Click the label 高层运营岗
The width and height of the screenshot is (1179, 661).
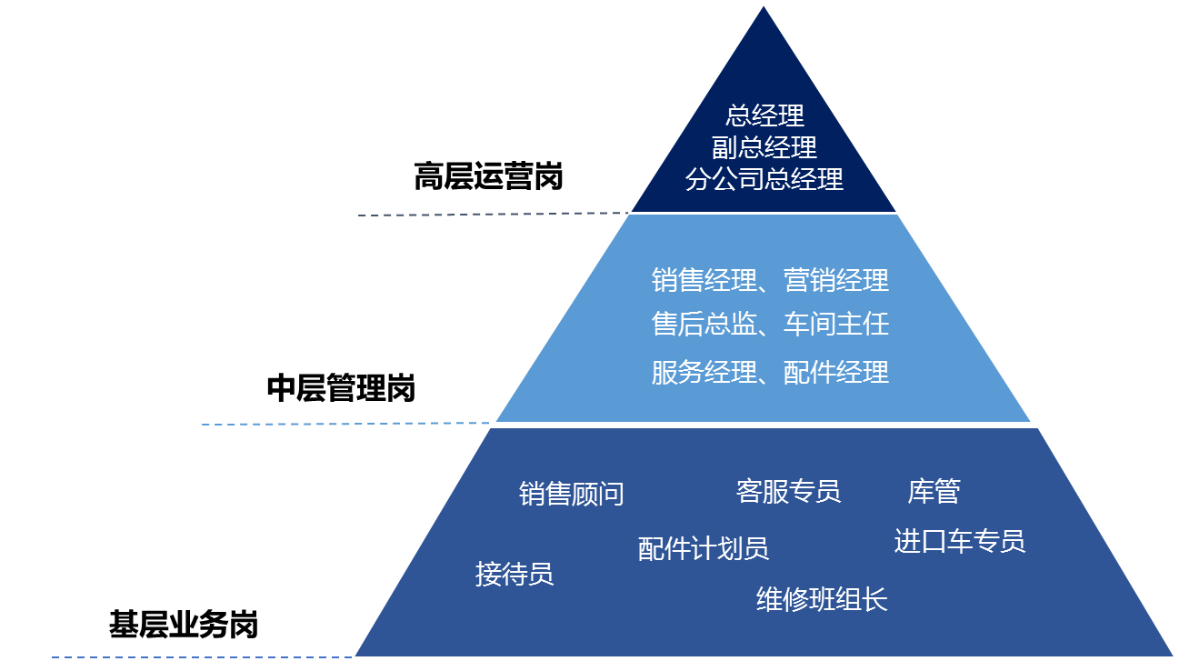pos(488,177)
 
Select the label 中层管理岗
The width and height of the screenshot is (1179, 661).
pos(341,389)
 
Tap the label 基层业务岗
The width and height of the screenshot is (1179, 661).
pos(184,626)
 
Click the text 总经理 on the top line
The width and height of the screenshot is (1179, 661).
pos(765,115)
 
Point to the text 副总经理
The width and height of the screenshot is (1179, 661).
pos(765,146)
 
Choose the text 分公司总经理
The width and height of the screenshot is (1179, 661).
pos(765,179)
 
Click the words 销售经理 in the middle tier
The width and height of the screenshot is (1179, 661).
pos(704,280)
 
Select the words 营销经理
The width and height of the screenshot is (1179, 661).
pos(836,280)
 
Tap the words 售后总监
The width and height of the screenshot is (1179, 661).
pos(704,325)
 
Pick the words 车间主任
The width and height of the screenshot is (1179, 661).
pos(836,325)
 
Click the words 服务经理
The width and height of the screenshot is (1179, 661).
pos(704,372)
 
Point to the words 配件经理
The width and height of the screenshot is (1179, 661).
pos(836,372)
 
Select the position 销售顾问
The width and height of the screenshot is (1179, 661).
pos(572,494)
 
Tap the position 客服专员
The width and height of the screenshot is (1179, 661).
pos(788,492)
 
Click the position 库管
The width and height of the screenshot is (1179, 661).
pos(934,492)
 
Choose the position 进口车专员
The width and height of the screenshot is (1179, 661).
pos(960,542)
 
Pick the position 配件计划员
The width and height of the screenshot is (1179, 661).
pos(704,548)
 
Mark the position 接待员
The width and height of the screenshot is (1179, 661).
pos(515,575)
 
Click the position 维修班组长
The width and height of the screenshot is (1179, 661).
pos(822,599)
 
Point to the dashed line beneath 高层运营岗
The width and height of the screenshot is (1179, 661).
pos(491,215)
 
